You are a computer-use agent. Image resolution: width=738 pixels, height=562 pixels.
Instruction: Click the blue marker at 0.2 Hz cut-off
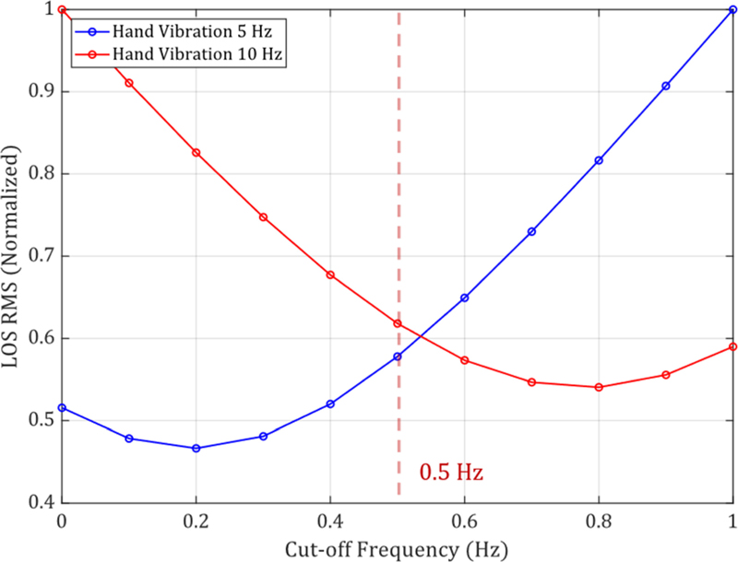pos(196,449)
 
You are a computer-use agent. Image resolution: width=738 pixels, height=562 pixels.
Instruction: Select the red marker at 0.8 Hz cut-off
pos(599,387)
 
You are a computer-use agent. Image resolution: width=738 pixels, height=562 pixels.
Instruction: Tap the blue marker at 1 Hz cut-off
pos(732,9)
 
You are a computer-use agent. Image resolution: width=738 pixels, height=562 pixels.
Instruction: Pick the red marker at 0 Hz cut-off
pos(62,9)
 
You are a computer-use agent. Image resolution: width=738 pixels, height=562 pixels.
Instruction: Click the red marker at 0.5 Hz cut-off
pos(398,323)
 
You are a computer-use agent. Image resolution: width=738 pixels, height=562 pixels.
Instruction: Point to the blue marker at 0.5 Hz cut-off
pos(398,357)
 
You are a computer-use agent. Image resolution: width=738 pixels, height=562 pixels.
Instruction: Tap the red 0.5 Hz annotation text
pos(451,474)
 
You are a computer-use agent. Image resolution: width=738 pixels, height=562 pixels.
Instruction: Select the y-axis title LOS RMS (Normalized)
pos(14,256)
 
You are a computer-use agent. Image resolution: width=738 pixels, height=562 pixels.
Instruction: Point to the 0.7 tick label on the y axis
pos(39,256)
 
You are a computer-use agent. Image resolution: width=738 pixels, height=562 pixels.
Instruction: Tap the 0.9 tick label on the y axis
pos(39,92)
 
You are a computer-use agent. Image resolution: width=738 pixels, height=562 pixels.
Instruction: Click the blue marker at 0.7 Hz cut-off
pos(531,231)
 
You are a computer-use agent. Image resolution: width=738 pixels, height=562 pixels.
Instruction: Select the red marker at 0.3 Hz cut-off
pos(263,217)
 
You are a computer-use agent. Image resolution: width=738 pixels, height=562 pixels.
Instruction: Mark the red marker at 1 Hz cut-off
pos(732,346)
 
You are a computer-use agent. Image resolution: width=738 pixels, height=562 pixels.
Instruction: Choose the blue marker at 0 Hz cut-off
pos(62,407)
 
